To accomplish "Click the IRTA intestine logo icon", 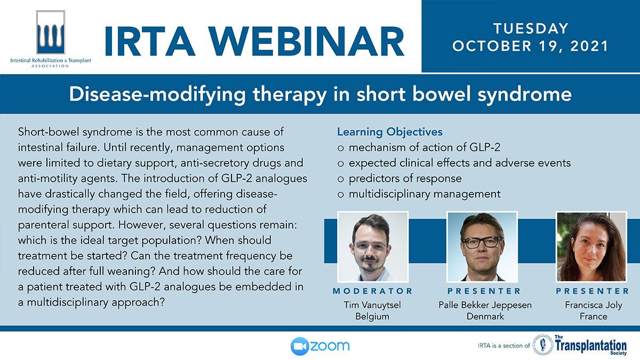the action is click(x=51, y=33).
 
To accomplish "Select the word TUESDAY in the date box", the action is click(x=531, y=29).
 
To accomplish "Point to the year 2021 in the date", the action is click(x=589, y=46).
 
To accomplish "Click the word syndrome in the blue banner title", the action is click(x=525, y=95).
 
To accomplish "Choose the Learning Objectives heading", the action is click(x=390, y=132).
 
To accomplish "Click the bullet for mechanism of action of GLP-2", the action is click(x=340, y=148).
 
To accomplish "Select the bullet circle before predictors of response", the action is click(x=340, y=179).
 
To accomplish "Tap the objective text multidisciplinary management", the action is click(x=425, y=194).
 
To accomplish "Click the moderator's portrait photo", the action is click(x=373, y=247).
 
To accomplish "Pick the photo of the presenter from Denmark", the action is click(x=482, y=247).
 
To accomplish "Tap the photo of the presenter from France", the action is click(x=591, y=247).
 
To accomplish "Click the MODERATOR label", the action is click(x=373, y=291).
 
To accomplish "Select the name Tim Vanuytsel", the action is click(x=372, y=305).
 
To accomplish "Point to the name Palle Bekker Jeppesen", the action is click(x=485, y=305).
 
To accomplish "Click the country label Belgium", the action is click(x=372, y=317).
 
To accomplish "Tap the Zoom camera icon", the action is click(x=300, y=346).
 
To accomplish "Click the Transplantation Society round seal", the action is click(x=543, y=345).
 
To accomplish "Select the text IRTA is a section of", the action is click(x=503, y=346).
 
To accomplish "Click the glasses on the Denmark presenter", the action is click(x=482, y=242).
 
